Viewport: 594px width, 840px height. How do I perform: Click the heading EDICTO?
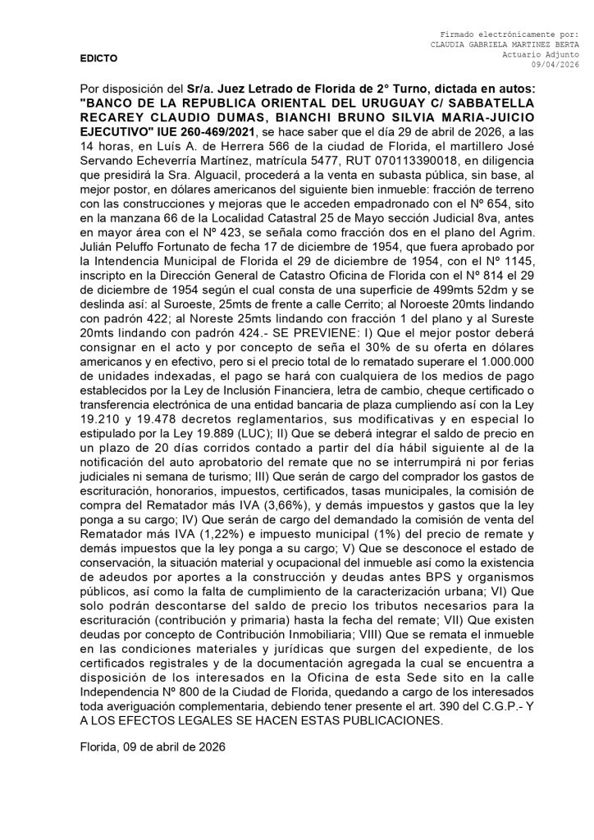pos(98,58)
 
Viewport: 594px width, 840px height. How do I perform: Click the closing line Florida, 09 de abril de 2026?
pos(153,746)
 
